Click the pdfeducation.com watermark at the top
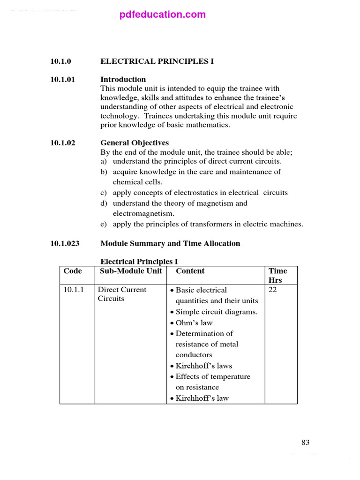pos(162,15)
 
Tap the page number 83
pos(305,442)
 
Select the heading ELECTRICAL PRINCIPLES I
pos(157,61)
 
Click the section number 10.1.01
pos(63,79)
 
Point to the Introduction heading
pos(123,79)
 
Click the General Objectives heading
pos(135,143)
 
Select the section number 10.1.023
pos(65,243)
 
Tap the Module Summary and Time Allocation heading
pos(170,243)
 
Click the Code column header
pos(73,271)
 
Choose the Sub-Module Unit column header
pos(131,271)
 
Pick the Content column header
pos(190,271)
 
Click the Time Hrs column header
pos(277,275)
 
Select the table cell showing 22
pos(273,290)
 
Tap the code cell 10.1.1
pos(73,290)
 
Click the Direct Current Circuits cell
pos(122,294)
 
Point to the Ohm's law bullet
pos(194,322)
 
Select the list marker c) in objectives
pos(104,193)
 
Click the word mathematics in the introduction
pos(206,125)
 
